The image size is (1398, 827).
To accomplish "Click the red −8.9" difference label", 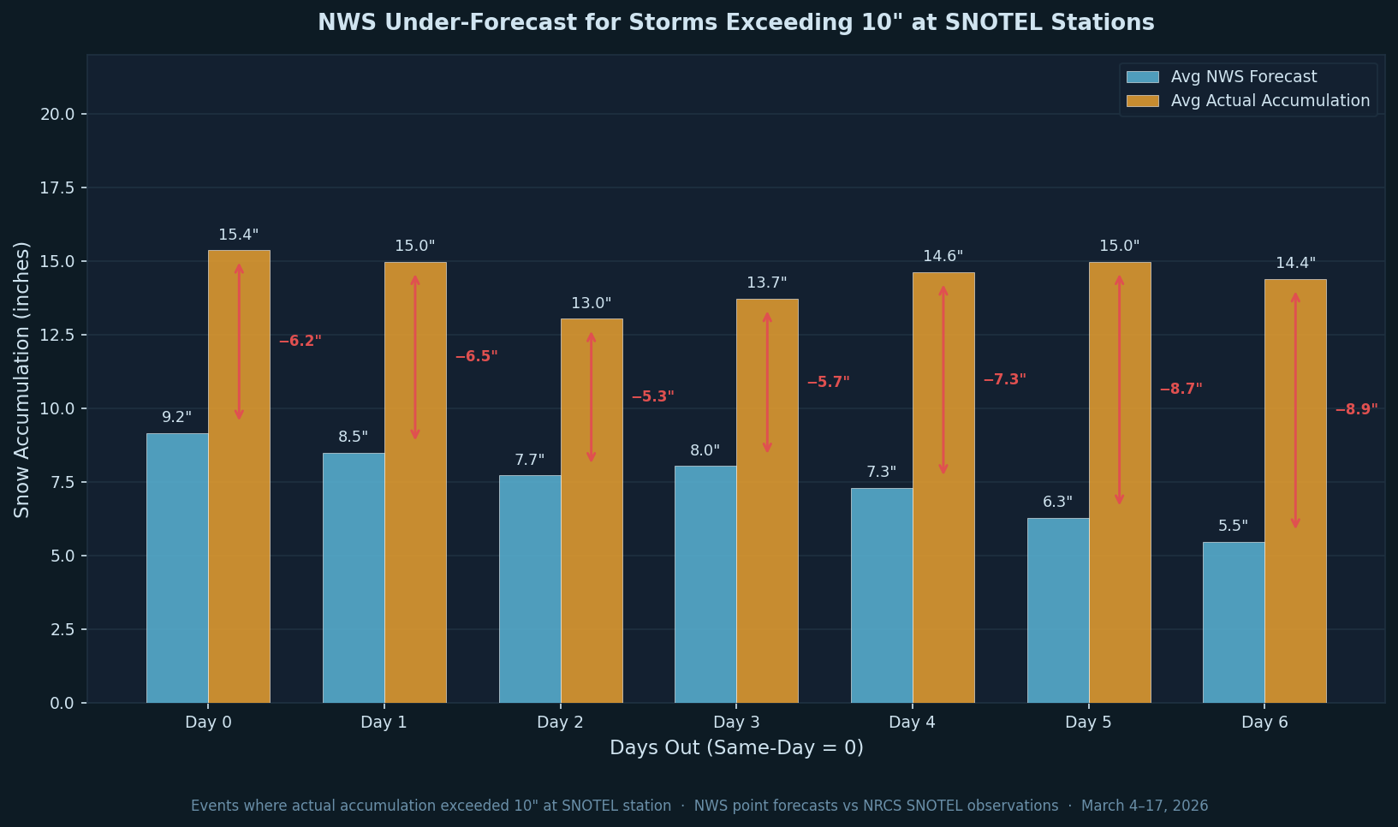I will click(1356, 410).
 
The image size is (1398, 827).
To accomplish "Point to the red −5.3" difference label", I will click(652, 397).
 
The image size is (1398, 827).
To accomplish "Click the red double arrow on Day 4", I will click(943, 380).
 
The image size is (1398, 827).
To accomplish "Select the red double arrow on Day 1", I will click(415, 357).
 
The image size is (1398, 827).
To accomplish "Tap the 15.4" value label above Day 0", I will click(238, 235).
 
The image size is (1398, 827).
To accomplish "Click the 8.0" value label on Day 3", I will click(705, 451).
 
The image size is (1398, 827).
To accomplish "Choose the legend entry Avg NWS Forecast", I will click(1243, 77).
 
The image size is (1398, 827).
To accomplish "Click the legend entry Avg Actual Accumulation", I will click(1270, 101).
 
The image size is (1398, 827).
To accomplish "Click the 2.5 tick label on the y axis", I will click(63, 630).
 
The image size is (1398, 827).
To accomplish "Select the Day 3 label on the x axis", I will click(736, 723).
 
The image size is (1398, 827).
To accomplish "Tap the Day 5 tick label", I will click(1088, 723).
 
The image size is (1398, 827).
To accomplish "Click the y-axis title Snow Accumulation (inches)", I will click(22, 379).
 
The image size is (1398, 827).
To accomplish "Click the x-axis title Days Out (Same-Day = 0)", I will click(736, 748).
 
